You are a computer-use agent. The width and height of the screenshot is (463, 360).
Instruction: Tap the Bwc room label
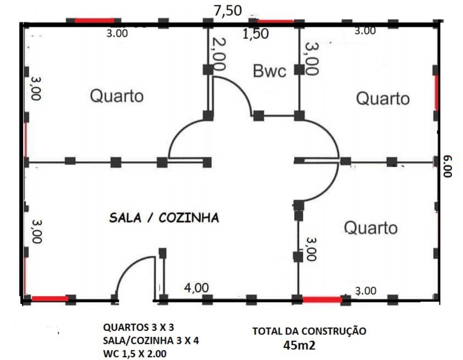270,70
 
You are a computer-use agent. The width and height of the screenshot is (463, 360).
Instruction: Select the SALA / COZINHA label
163,217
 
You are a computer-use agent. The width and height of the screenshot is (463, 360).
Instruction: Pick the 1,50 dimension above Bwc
256,34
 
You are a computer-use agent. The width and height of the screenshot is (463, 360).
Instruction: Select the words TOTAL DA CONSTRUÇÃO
309,331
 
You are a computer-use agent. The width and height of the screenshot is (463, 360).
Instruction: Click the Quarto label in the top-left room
117,96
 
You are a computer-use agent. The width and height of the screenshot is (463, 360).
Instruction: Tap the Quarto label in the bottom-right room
370,227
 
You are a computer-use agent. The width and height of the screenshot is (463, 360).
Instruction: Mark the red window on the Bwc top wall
275,21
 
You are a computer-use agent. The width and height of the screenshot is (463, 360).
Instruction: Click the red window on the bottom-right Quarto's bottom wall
322,299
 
